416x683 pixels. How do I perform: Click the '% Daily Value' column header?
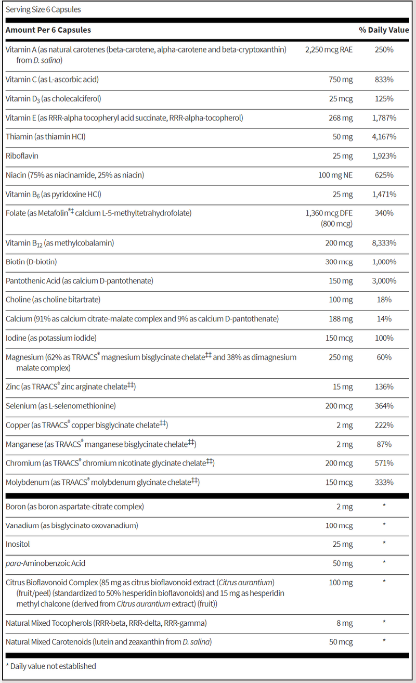[384, 30]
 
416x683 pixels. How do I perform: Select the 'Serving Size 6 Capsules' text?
[43, 9]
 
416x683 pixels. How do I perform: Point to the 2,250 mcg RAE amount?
[328, 50]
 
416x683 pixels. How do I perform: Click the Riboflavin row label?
[22, 156]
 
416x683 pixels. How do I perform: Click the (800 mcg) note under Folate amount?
[337, 224]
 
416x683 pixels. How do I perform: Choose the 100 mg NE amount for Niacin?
[335, 175]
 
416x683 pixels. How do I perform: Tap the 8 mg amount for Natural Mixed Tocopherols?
[344, 623]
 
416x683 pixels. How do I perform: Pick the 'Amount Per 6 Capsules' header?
[48, 30]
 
